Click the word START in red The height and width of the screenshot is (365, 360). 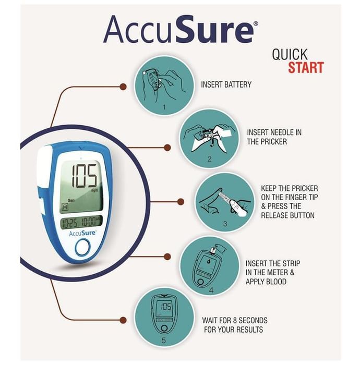306,67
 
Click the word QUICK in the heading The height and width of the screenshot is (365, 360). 290,54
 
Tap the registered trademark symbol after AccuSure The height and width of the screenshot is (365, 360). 256,23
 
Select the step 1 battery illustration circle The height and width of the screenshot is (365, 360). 164,86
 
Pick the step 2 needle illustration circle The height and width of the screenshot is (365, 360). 209,139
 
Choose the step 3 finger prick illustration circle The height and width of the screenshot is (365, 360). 225,202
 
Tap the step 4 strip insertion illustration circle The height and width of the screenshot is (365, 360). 210,266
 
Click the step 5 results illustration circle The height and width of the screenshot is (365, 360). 164,318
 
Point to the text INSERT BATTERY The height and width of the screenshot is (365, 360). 226,84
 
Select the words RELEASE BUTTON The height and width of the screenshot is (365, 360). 287,215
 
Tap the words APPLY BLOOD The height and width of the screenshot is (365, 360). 266,282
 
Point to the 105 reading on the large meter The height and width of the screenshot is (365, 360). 84,176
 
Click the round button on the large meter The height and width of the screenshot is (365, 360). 82,247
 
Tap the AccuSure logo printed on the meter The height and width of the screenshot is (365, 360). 82,233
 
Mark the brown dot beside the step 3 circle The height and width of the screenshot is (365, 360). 181,202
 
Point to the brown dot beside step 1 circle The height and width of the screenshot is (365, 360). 123,87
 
